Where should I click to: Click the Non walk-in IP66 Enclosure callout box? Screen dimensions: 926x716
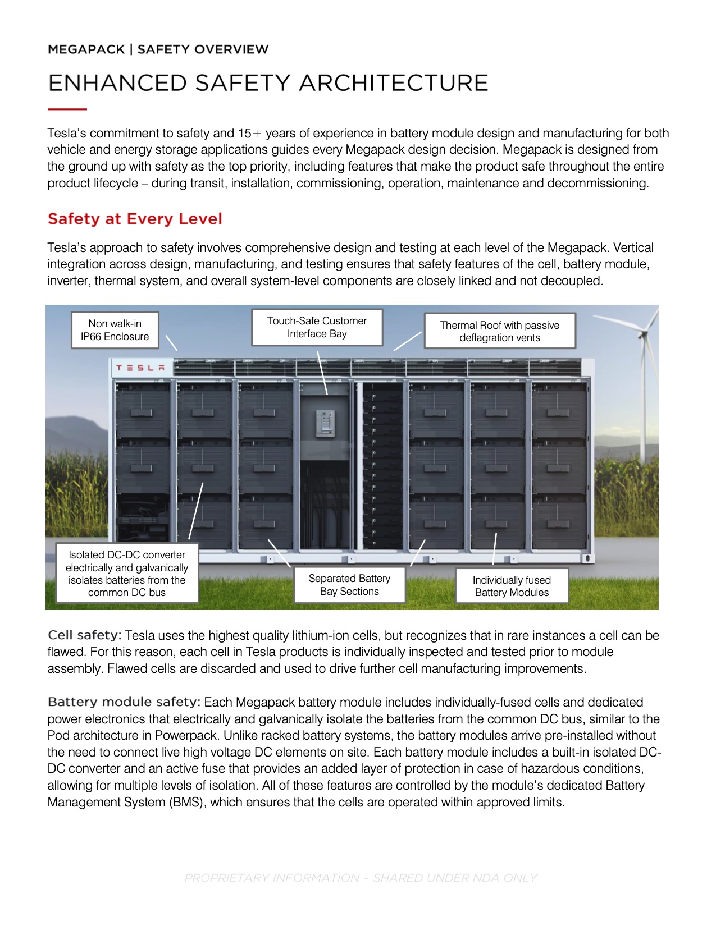click(115, 330)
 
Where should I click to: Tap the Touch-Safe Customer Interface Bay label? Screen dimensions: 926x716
click(317, 327)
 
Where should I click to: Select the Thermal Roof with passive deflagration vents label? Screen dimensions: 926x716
click(499, 331)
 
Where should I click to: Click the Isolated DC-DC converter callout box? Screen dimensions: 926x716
click(127, 573)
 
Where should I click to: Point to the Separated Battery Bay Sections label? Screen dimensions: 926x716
click(349, 585)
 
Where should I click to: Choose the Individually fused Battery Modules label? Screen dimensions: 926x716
click(512, 586)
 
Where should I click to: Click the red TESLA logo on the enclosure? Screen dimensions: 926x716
click(140, 368)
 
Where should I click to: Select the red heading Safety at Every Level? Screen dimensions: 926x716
click(135, 219)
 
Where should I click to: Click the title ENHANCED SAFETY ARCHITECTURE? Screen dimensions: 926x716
click(268, 83)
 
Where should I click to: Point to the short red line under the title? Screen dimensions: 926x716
click(67, 109)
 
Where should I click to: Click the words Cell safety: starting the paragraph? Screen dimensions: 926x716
click(84, 635)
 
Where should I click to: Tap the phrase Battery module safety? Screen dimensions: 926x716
click(124, 702)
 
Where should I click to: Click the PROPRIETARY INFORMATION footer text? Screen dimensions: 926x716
click(361, 878)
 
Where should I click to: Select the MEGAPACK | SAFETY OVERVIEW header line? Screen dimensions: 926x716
click(158, 49)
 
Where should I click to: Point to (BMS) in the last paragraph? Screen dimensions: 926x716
click(186, 803)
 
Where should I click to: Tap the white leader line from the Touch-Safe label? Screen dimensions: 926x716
click(322, 373)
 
